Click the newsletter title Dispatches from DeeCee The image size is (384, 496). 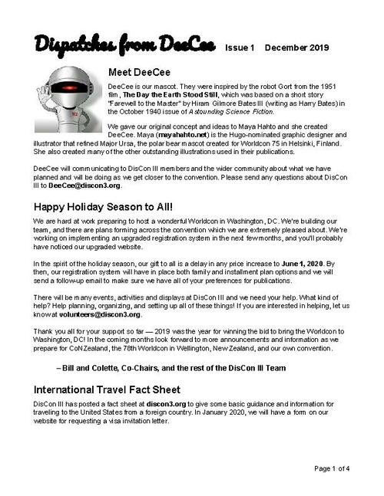click(x=124, y=45)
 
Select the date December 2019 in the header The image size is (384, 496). click(x=296, y=48)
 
